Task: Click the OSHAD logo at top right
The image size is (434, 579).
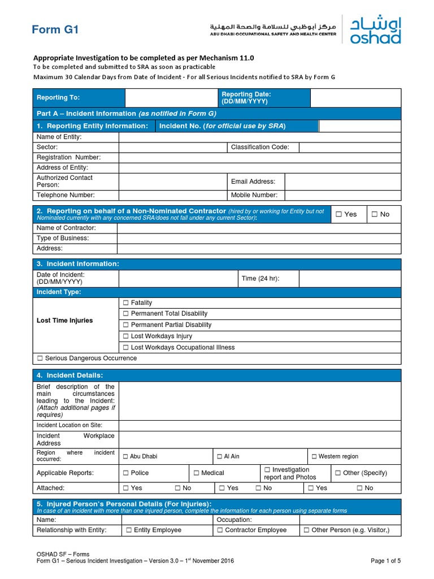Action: point(375,30)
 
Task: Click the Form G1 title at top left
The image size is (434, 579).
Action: point(55,30)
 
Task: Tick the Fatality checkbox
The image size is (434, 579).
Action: point(126,303)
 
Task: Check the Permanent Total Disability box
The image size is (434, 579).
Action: point(126,314)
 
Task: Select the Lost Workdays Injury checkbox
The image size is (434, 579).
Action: point(126,336)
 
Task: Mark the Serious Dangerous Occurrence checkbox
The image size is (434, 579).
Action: point(40,358)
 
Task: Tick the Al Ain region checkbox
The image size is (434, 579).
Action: point(219,456)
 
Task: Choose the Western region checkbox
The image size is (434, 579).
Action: point(314,456)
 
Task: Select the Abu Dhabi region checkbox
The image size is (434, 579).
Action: point(125,456)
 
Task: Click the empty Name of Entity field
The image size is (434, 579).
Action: point(259,137)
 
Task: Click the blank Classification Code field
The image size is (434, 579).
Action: point(350,148)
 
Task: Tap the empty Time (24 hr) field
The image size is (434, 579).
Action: point(350,278)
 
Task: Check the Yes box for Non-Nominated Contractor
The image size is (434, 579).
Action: point(338,214)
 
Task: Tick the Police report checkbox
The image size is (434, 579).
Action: point(125,473)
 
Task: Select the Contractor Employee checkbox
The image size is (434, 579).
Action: point(220,530)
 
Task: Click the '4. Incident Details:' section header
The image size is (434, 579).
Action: point(70,375)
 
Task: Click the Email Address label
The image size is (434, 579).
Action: point(253,182)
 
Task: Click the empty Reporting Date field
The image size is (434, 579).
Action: point(355,98)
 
